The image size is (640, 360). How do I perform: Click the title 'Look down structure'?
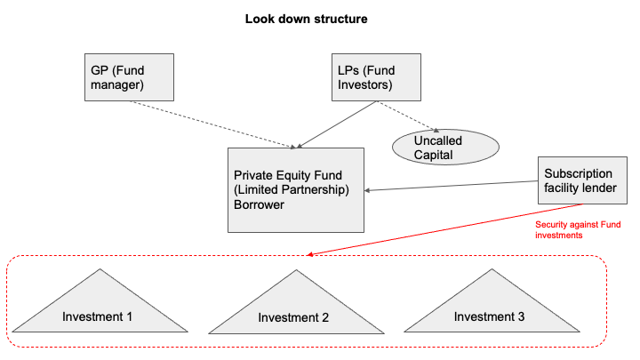click(306, 19)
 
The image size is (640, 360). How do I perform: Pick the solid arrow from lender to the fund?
click(453, 186)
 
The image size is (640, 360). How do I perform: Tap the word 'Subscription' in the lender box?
click(579, 173)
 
